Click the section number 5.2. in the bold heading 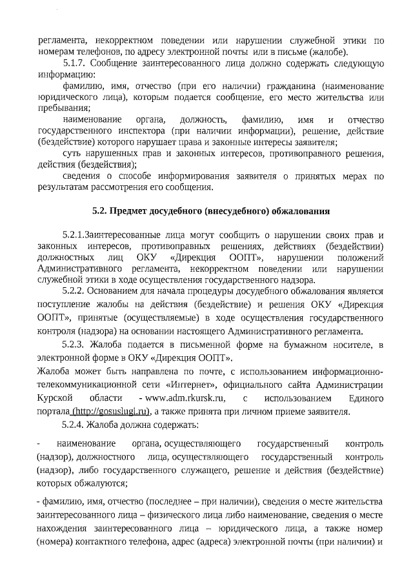tap(99, 211)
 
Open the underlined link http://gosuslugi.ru tap(110, 411)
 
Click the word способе tap(156, 176)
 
